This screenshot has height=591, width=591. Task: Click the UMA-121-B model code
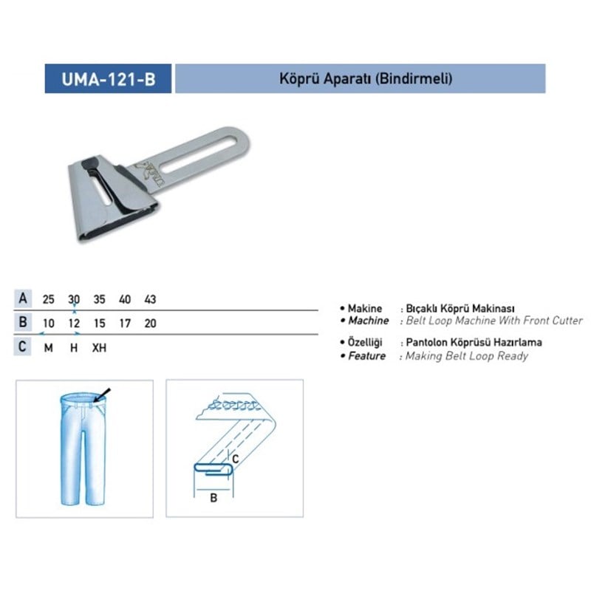pos(108,79)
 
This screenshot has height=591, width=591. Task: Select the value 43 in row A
pos(150,299)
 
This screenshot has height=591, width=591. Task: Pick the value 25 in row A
pos(48,299)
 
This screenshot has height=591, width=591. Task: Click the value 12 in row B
pos(74,324)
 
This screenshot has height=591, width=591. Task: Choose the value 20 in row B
pos(150,324)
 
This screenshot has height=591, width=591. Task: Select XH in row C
pos(99,347)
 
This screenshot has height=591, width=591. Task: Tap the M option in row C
pos(48,347)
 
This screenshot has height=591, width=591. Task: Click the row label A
pos(24,299)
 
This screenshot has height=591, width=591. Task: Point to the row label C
pos(24,346)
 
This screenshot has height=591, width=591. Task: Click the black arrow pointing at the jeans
pos(102,394)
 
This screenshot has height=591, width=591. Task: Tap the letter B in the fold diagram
pos(213,497)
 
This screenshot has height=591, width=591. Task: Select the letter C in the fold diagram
pos(236,459)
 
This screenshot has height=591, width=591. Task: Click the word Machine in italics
pos(368,321)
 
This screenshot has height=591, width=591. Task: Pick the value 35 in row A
pos(99,299)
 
